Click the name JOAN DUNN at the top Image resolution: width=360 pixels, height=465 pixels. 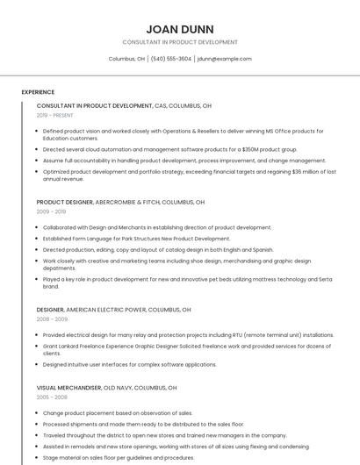coord(179,28)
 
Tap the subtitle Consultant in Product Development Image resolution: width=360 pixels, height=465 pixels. coord(179,42)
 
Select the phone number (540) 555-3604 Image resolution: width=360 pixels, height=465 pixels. coord(170,59)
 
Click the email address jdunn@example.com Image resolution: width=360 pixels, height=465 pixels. coord(225,59)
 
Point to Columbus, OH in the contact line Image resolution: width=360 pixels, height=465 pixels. coord(126,59)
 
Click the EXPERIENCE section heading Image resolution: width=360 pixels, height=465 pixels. coord(38,92)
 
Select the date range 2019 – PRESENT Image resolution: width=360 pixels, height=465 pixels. coord(54,115)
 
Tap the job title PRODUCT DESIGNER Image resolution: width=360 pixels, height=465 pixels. coord(64,202)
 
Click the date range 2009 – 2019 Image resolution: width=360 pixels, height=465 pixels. coord(51,211)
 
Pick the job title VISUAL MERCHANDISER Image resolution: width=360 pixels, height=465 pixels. coord(69,387)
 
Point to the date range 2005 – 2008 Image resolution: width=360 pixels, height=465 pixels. coord(52,397)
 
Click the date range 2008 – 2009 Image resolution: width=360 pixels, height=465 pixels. coord(52,319)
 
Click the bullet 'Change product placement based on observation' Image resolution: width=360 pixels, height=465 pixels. coord(117,412)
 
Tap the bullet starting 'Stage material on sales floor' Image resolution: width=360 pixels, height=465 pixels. coord(119,457)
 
